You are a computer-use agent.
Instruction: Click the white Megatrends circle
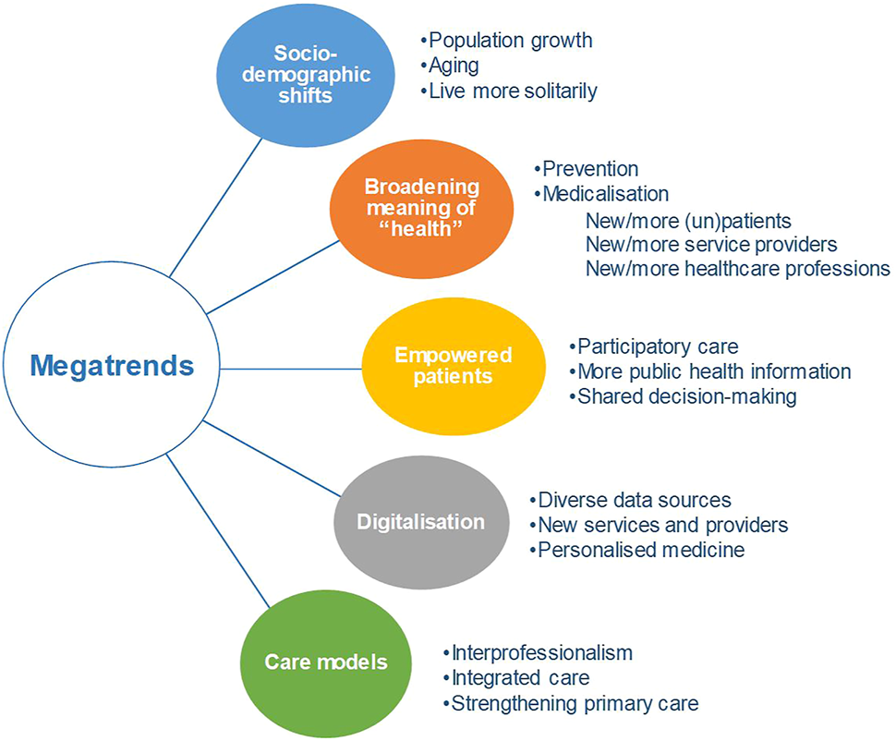click(x=112, y=365)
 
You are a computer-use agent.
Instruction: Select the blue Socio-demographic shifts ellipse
click(x=306, y=74)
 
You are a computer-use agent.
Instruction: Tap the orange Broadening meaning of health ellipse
click(x=422, y=208)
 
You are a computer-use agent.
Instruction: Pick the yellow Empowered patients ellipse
click(x=454, y=366)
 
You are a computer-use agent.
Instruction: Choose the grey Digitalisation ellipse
click(x=421, y=522)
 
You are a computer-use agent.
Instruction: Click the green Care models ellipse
click(x=326, y=662)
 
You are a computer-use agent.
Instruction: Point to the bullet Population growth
click(x=507, y=41)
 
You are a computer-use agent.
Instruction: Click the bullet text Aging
click(x=450, y=66)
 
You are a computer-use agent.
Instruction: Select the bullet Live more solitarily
click(x=509, y=91)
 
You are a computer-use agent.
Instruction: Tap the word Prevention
click(x=590, y=169)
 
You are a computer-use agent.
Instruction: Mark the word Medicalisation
click(x=606, y=194)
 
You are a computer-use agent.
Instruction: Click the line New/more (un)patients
click(x=688, y=221)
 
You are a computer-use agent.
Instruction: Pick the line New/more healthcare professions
click(x=738, y=269)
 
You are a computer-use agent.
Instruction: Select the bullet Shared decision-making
click(x=683, y=396)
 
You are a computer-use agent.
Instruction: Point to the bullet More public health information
click(x=710, y=371)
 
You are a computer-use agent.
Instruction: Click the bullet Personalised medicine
click(x=637, y=550)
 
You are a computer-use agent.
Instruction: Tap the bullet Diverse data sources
click(x=630, y=500)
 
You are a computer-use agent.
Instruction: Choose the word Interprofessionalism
click(x=542, y=653)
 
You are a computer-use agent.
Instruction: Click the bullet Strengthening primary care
click(x=571, y=703)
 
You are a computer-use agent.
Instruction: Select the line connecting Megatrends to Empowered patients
click(x=291, y=369)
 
